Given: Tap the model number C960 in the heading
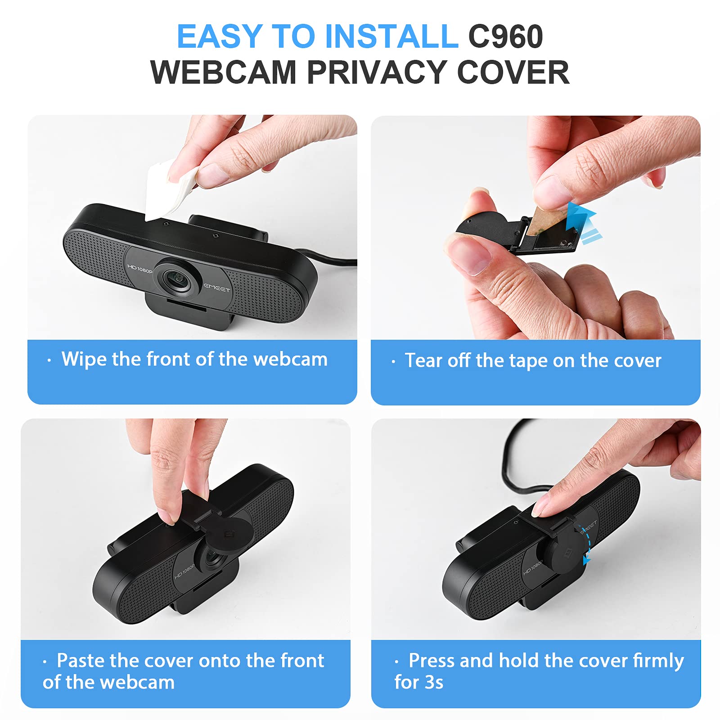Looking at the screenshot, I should [x=505, y=36].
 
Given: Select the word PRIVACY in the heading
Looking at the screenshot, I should [x=377, y=72].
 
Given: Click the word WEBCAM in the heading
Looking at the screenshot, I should [x=224, y=72].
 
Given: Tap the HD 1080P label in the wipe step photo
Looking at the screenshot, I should [x=139, y=269].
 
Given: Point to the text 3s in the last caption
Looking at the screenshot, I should [x=434, y=682].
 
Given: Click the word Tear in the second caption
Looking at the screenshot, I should [x=423, y=360].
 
